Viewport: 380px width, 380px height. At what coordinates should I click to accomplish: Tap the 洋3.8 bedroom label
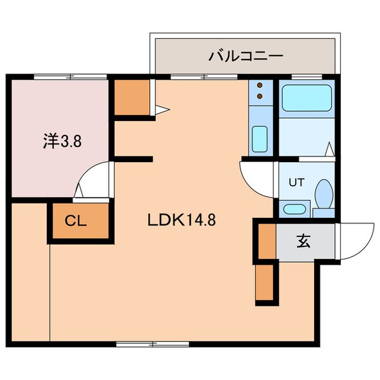pyautogui.click(x=62, y=141)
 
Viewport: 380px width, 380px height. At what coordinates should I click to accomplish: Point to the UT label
pyautogui.click(x=296, y=182)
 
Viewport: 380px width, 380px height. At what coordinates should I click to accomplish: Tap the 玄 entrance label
pyautogui.click(x=303, y=241)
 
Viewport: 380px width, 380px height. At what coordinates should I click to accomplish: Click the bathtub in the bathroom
pyautogui.click(x=306, y=100)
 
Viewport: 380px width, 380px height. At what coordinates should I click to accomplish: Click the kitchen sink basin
pyautogui.click(x=258, y=139)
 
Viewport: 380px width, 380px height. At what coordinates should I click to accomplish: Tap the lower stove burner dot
pyautogui.click(x=259, y=97)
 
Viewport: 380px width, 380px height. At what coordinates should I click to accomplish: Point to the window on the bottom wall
pyautogui.click(x=153, y=345)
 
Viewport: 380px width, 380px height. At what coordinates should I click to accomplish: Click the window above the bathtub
pyautogui.click(x=307, y=77)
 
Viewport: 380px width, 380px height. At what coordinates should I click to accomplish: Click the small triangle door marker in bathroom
pyautogui.click(x=329, y=150)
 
